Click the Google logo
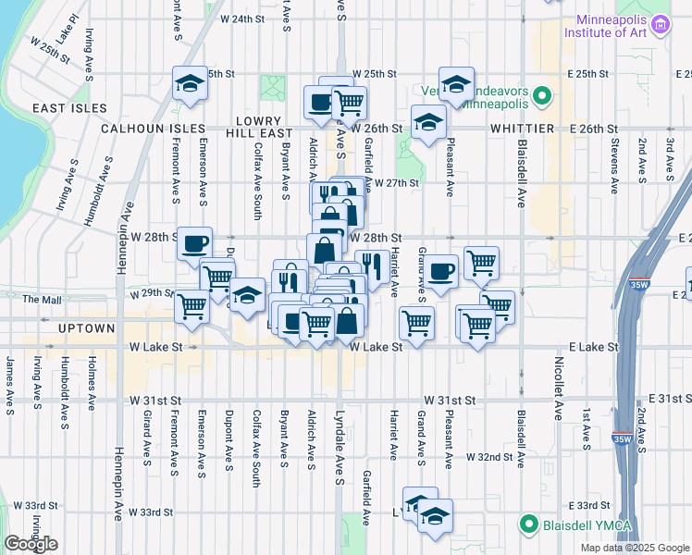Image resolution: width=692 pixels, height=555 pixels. click(31, 544)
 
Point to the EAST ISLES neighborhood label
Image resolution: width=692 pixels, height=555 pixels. click(65, 108)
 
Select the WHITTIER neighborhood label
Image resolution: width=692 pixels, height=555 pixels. click(522, 129)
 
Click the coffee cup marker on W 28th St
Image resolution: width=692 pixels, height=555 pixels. click(194, 243)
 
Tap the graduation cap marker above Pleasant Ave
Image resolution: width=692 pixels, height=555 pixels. click(456, 84)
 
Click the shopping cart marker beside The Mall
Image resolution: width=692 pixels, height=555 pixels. click(192, 305)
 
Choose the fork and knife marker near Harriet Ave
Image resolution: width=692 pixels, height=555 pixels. click(372, 265)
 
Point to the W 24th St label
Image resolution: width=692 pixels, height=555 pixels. click(241, 18)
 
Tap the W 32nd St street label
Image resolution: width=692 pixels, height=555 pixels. click(489, 457)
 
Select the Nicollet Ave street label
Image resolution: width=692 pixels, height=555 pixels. click(558, 384)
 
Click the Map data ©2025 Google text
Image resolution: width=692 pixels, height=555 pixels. click(634, 548)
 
